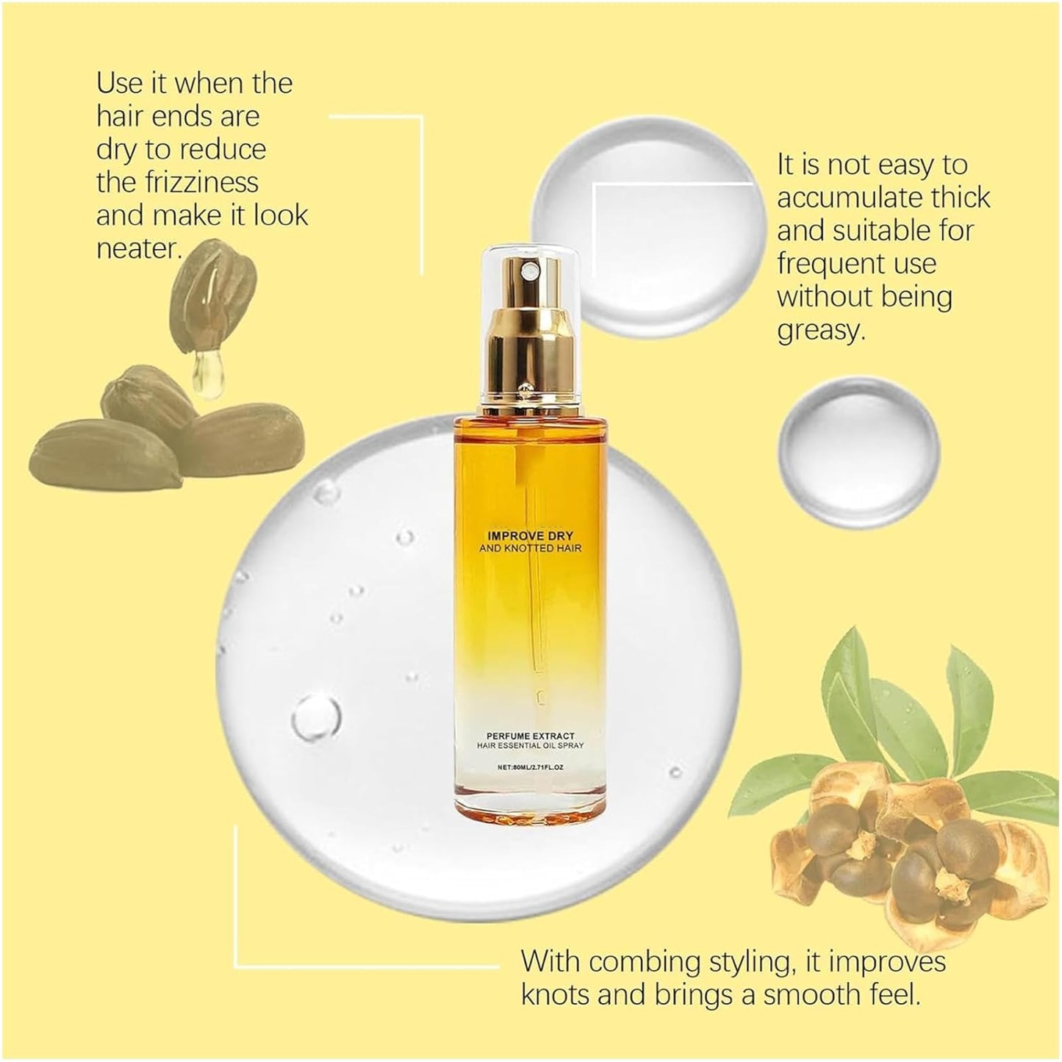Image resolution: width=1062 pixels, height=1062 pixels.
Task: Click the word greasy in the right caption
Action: point(817,331)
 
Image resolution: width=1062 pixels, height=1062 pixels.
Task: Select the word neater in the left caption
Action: point(137,249)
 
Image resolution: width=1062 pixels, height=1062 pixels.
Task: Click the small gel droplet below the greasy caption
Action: point(858,448)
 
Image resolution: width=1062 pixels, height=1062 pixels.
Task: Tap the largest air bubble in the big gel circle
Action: point(316,716)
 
